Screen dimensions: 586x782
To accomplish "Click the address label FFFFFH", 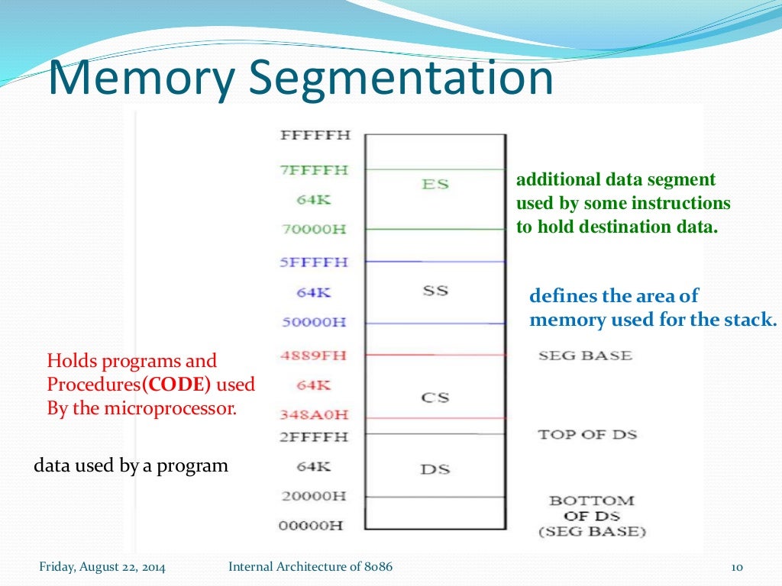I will coord(315,136).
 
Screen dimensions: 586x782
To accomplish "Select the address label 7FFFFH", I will coord(314,170).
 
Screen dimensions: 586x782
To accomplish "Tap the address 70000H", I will coord(314,229).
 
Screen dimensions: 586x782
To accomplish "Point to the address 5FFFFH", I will coord(314,262).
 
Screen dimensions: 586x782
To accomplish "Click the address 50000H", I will coord(314,322).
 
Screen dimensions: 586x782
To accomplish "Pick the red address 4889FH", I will coord(314,356).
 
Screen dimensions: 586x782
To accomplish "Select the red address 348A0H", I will coord(314,415).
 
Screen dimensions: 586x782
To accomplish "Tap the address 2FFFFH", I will coord(314,437).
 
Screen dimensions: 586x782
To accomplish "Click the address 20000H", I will coord(314,496).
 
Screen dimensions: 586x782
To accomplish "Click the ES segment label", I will coord(435,184).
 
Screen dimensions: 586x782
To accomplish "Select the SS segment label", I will coord(435,291).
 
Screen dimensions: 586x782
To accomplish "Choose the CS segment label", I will coord(435,398).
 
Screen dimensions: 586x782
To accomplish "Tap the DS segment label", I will coord(435,469).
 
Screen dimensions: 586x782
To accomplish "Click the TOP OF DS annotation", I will coord(587,435).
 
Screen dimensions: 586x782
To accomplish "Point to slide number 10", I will coord(737,567).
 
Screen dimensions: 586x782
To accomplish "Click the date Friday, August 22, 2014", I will coord(102,567).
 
